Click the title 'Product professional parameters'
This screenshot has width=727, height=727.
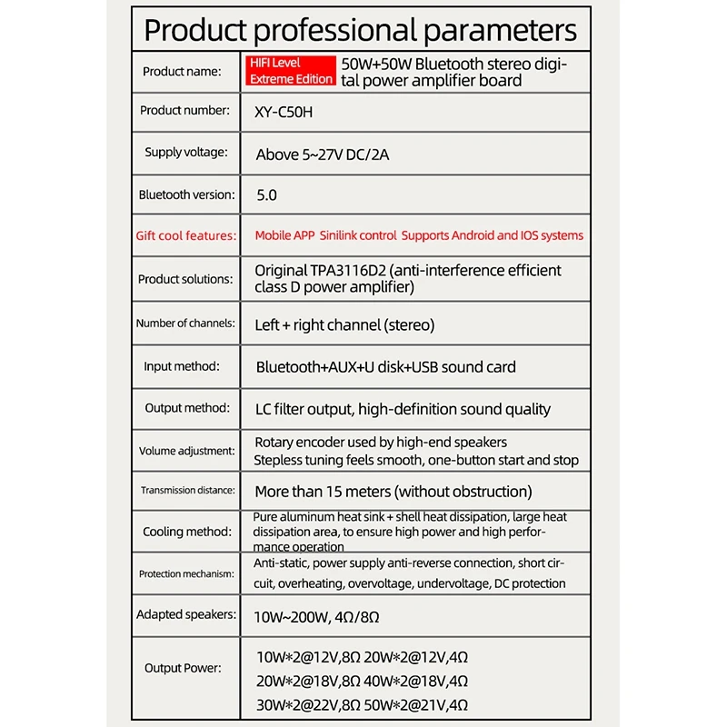[361, 30]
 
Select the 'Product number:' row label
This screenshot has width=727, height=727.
[184, 111]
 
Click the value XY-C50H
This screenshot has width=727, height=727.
[287, 112]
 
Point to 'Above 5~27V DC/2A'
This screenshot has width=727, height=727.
[323, 154]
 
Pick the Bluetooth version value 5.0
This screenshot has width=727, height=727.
[267, 195]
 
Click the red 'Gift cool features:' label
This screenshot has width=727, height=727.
[185, 236]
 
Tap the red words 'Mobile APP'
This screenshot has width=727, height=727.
[284, 236]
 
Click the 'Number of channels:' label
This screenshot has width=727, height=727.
[185, 324]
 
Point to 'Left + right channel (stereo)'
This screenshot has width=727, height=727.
[345, 324]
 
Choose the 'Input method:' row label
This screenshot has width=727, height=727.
[182, 367]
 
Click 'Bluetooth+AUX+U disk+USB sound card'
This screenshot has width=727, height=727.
[386, 368]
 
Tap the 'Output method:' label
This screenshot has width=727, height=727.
[187, 409]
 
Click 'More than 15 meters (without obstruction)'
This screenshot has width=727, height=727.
[393, 492]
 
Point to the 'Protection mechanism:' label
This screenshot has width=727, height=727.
[186, 574]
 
